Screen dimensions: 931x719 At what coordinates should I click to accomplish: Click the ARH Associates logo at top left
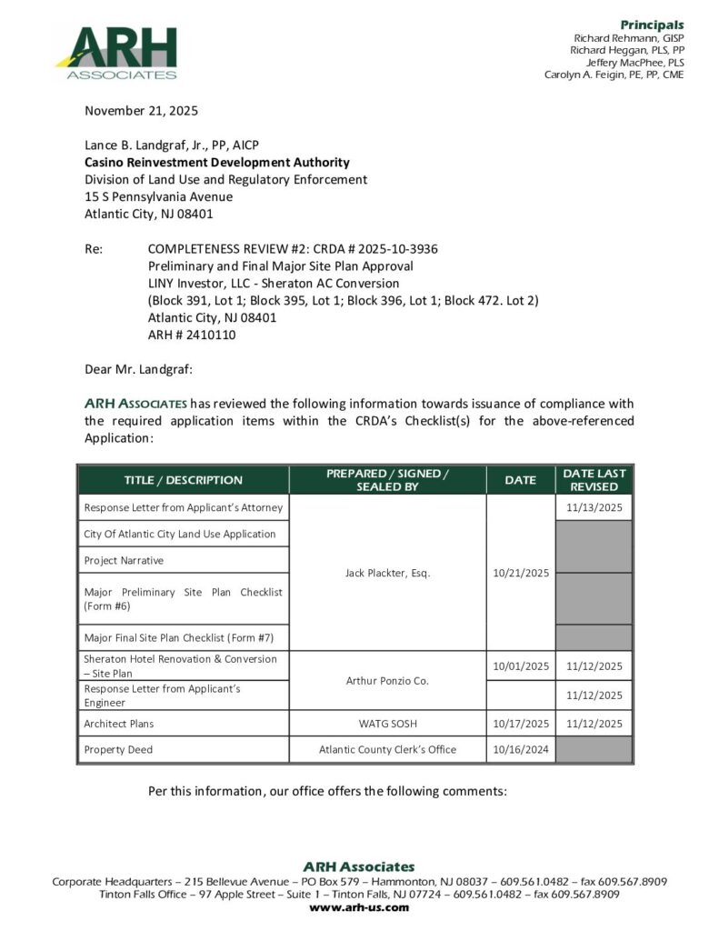115,53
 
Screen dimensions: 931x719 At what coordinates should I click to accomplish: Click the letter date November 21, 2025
141,111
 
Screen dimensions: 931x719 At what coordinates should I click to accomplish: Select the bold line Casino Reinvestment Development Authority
216,163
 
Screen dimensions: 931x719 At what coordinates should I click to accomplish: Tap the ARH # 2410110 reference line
192,335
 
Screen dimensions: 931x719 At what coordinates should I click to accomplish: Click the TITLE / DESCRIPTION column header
184,480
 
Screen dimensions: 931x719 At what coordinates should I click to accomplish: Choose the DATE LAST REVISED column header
594,480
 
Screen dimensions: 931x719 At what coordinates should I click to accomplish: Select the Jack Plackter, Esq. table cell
387,573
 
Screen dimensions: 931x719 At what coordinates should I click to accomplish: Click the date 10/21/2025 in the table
521,573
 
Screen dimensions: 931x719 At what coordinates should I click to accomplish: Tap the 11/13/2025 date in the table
594,507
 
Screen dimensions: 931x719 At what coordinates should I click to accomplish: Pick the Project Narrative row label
124,560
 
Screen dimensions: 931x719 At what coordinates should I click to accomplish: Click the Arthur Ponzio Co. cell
387,680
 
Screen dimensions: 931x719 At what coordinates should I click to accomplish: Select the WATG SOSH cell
387,724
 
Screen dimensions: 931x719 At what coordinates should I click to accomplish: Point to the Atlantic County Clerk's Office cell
387,750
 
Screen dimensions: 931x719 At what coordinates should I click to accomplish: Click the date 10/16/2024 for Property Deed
521,750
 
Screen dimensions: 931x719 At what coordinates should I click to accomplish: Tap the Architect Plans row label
119,724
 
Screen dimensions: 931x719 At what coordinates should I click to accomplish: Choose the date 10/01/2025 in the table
521,666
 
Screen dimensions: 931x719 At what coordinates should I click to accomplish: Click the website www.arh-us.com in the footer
359,907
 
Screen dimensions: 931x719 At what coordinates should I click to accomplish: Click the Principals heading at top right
652,25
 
